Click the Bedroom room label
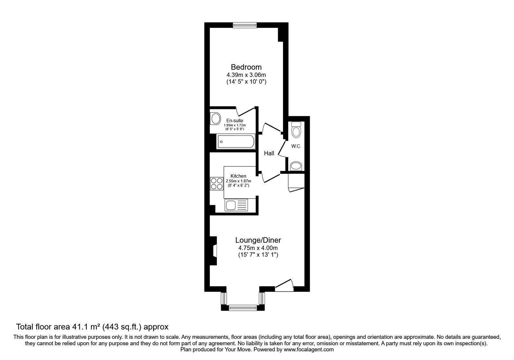pyautogui.click(x=246, y=67)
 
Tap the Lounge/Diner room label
pyautogui.click(x=258, y=240)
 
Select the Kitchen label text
pyautogui.click(x=238, y=176)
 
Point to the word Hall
pyautogui.click(x=269, y=154)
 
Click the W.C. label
pyautogui.click(x=296, y=146)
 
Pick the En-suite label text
pyautogui.click(x=235, y=121)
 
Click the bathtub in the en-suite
pyautogui.click(x=236, y=141)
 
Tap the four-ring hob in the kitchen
pyautogui.click(x=217, y=184)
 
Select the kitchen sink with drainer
pyautogui.click(x=237, y=205)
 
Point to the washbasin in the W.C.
pyautogui.click(x=296, y=166)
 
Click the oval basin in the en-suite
pyautogui.click(x=215, y=118)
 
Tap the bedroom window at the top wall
pyautogui.click(x=245, y=25)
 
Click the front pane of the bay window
pyautogui.click(x=244, y=308)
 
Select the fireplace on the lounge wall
pyautogui.click(x=214, y=251)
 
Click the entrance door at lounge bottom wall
pyautogui.click(x=284, y=286)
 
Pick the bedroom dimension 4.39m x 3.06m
pyautogui.click(x=246, y=75)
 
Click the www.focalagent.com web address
pyautogui.click(x=309, y=349)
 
